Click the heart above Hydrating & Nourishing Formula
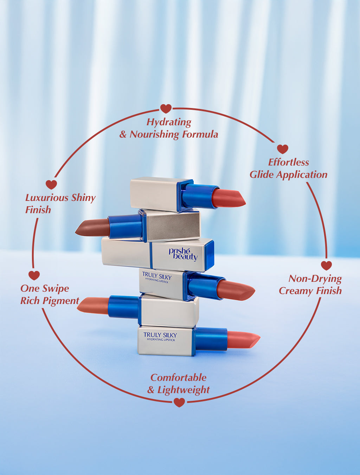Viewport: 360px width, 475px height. [166, 108]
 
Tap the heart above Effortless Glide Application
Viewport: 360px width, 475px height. [282, 149]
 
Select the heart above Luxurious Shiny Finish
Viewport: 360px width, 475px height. [51, 184]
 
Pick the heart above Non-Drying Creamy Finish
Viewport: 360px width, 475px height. [326, 265]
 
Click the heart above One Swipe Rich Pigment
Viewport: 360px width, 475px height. [34, 275]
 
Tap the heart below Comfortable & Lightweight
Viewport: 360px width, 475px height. [179, 402]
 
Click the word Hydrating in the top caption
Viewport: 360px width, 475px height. [169, 122]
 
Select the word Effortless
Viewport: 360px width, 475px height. [288, 162]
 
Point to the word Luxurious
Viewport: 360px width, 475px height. [47, 198]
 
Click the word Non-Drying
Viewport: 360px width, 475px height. [315, 279]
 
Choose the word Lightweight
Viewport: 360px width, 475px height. [183, 390]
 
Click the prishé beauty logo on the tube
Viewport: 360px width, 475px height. [183, 254]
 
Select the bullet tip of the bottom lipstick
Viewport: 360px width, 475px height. [243, 340]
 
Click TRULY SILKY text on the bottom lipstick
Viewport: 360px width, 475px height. [160, 335]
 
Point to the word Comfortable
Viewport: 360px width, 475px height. [178, 378]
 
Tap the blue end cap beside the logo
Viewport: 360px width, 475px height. [208, 255]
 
